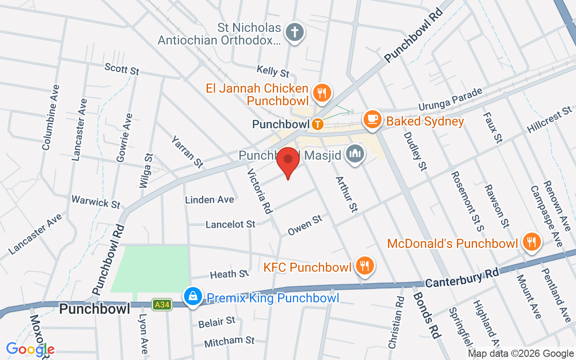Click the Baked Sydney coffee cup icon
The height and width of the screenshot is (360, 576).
pyautogui.click(x=373, y=119)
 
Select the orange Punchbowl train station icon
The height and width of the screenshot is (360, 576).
pyautogui.click(x=318, y=124)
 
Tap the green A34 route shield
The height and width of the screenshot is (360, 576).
pyautogui.click(x=161, y=305)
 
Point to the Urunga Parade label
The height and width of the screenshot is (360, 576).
pyautogui.click(x=450, y=99)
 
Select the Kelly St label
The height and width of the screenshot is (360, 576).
pyautogui.click(x=273, y=71)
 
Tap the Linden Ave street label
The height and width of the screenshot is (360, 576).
pyautogui.click(x=210, y=199)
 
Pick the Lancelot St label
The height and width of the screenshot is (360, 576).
pyautogui.click(x=230, y=224)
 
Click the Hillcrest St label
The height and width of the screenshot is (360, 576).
pyautogui.click(x=549, y=119)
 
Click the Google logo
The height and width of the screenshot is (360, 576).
pyautogui.click(x=30, y=349)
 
